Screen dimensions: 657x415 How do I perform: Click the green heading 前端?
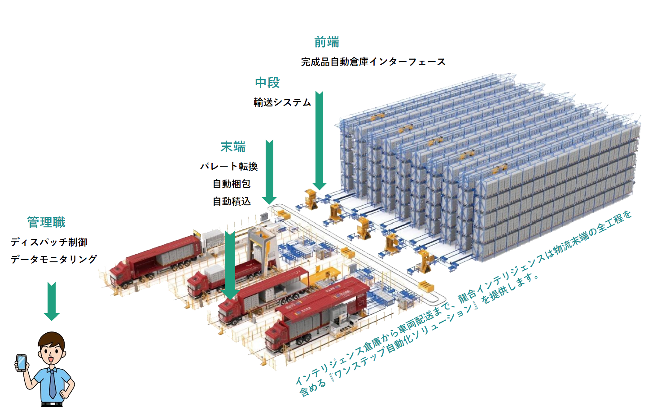coord(327,42)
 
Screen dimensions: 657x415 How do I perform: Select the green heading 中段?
coord(267,83)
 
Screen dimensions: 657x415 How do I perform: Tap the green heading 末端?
coord(233,147)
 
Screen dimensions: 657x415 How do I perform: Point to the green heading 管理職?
coord(46,222)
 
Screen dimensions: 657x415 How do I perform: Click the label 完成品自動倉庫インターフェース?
coord(373,62)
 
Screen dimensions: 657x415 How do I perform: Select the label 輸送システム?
coord(282,102)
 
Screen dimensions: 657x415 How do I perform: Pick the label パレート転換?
coord(229,167)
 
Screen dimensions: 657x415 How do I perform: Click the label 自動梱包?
coord(232,184)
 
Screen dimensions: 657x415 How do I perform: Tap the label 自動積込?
coord(232,201)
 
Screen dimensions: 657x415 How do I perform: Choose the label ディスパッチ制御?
coord(49,242)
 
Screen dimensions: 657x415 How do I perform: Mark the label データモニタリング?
coord(54,260)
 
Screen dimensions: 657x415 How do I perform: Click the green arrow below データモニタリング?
coord(52,301)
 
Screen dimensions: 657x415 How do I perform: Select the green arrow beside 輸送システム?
coord(320,141)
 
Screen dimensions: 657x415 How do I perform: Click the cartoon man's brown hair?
coord(52,341)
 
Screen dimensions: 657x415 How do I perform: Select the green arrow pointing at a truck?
coord(231,265)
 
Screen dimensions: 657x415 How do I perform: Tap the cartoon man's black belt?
coord(52,404)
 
